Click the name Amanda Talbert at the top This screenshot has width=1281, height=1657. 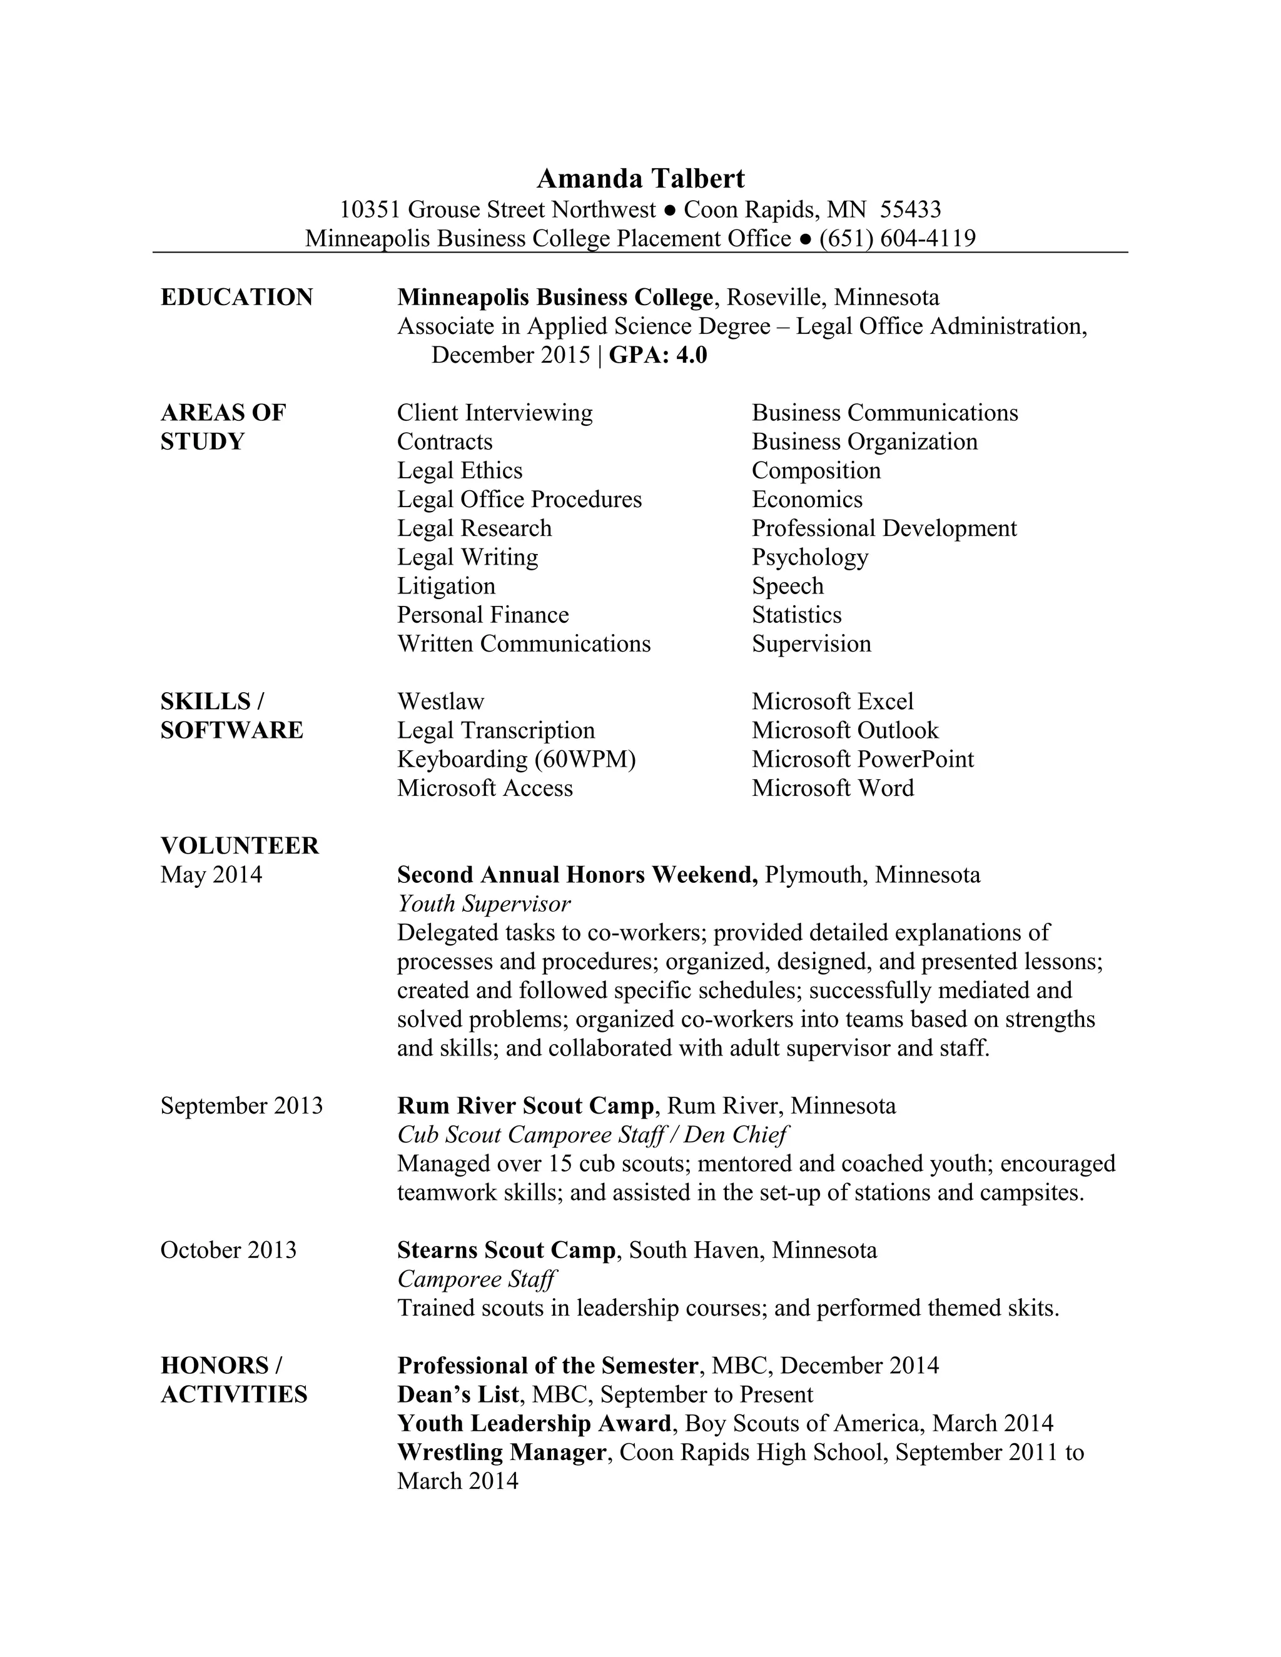[640, 179]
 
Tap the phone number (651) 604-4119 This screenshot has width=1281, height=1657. [897, 238]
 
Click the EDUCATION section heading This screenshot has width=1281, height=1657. [237, 296]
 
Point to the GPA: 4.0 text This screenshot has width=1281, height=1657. [657, 355]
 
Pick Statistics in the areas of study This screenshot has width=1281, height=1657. [796, 615]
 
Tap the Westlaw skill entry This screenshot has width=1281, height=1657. [440, 701]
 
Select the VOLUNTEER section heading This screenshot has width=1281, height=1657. [239, 845]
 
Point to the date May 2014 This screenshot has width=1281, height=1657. [211, 875]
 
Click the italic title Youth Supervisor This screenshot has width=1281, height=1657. [484, 904]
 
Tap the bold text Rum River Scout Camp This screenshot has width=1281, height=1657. [524, 1106]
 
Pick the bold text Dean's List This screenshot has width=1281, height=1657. [458, 1394]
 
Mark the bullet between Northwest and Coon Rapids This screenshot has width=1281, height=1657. [669, 210]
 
